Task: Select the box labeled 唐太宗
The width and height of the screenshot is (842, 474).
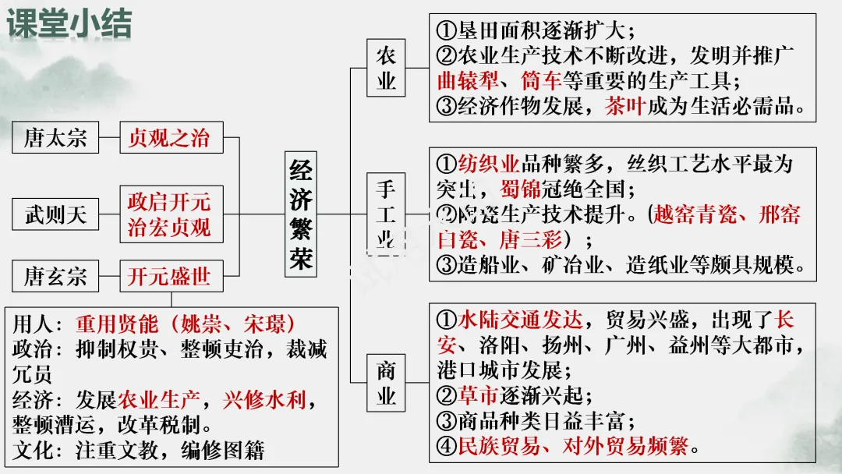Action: [x=55, y=139]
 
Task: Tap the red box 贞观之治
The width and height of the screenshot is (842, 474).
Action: [x=170, y=139]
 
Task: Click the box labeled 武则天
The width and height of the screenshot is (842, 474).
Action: [x=55, y=214]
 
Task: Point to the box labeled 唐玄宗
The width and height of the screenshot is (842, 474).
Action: [x=55, y=277]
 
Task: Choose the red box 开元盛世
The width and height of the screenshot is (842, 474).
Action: [x=170, y=277]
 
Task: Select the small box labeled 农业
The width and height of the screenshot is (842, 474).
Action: [x=386, y=68]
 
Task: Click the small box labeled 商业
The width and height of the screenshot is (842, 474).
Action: [x=386, y=382]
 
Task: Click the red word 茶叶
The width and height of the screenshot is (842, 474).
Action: [x=624, y=106]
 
